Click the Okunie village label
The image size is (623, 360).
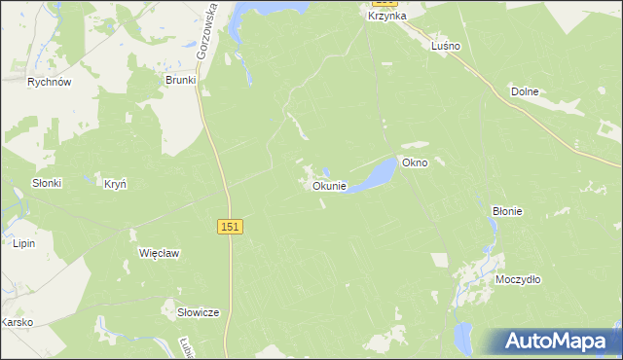click(328, 186)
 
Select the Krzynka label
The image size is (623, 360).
click(386, 17)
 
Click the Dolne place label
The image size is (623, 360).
click(525, 91)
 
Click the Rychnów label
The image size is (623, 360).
click(50, 83)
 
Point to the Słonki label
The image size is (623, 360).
click(47, 183)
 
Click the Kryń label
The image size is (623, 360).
click(115, 182)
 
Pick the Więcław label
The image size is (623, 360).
click(160, 253)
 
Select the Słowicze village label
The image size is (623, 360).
click(198, 312)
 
